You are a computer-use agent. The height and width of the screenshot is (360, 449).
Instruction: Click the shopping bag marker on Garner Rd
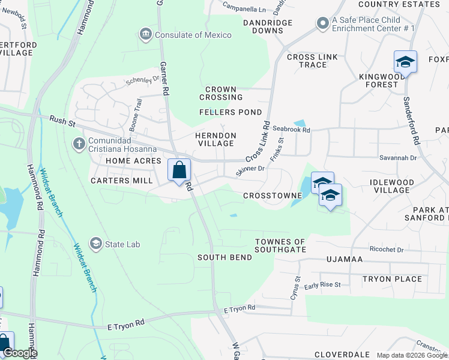[179, 170]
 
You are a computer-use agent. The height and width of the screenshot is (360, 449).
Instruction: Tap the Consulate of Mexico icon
[145, 35]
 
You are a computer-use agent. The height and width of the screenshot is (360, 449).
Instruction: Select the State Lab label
[124, 244]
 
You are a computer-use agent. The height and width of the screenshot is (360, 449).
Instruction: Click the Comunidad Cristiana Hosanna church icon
[79, 143]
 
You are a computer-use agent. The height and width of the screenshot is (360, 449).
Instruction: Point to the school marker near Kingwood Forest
[405, 62]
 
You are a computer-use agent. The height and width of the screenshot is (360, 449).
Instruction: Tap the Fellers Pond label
[231, 112]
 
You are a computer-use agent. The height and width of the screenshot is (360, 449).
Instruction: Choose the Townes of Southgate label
[280, 245]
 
